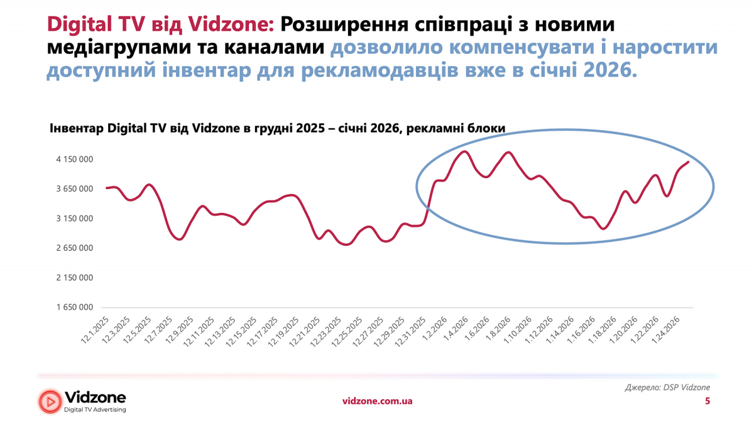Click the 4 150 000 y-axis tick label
(x=75, y=160)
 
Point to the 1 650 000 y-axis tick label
(x=75, y=307)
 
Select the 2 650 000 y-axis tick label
(x=75, y=248)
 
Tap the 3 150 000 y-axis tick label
(x=75, y=219)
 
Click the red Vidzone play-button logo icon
(x=50, y=401)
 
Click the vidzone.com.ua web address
(x=377, y=401)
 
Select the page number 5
(x=708, y=401)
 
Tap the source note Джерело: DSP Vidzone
(x=667, y=388)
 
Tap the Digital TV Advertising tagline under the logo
(x=96, y=410)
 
